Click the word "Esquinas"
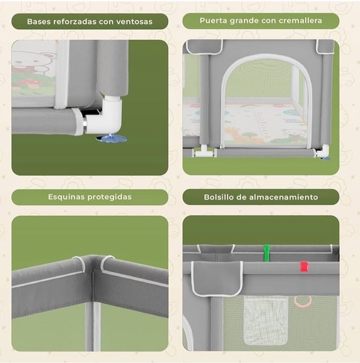[66, 197]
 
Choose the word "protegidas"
[109, 197]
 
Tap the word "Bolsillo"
[219, 197]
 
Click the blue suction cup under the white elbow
[111, 138]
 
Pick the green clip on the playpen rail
[267, 253]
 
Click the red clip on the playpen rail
[304, 267]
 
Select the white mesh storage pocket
[266, 320]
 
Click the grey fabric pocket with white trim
[217, 278]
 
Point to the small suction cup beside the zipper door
[325, 159]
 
